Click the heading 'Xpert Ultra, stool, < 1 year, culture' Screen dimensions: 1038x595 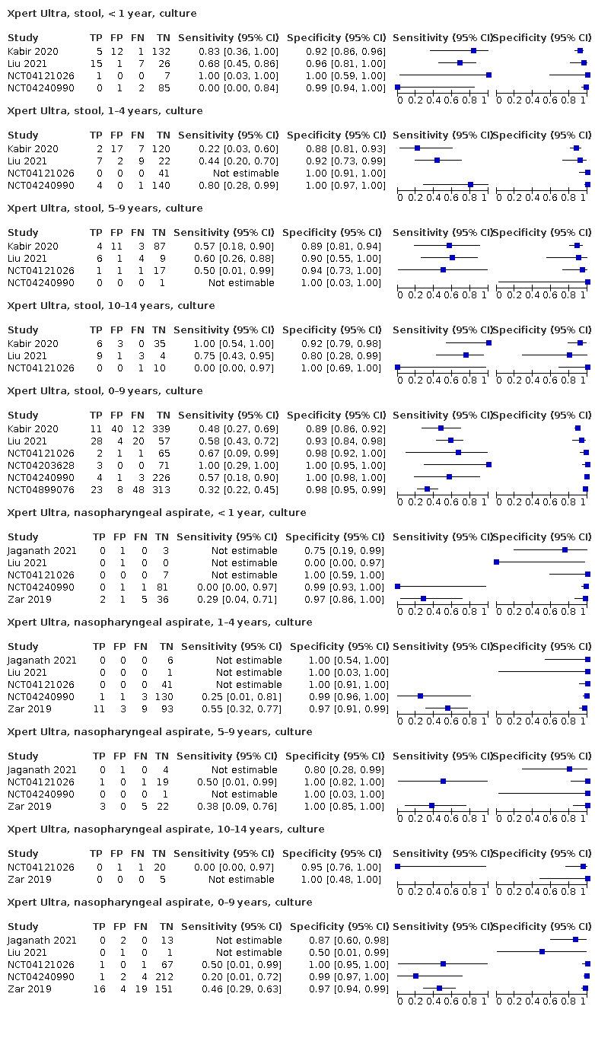pyautogui.click(x=102, y=14)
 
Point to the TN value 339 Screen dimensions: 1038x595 pyautogui.click(x=161, y=429)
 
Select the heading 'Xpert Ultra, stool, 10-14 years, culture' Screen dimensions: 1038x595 pyautogui.click(x=111, y=306)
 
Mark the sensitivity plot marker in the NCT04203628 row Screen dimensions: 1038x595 pyautogui.click(x=488, y=464)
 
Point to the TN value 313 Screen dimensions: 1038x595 pyautogui.click(x=161, y=490)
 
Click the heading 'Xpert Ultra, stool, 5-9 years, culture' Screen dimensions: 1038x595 pyautogui.click(x=105, y=209)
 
